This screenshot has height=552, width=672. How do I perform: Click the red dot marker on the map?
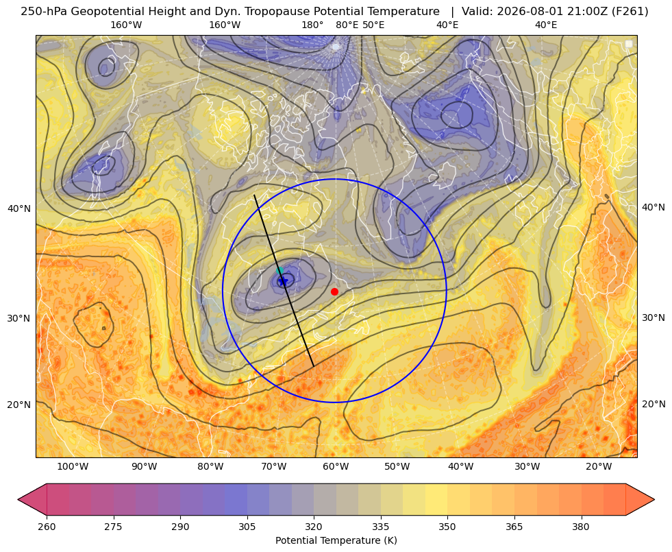pos(334,291)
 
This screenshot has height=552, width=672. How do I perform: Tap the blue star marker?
pos(284,281)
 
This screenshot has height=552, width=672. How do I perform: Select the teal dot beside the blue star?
pos(279,270)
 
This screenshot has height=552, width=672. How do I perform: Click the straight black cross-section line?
pos(284,281)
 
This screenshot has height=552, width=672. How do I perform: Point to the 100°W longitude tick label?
pos(73,467)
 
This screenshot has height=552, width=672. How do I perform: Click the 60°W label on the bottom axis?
pos(336,467)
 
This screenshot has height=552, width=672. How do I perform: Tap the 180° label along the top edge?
pos(312,25)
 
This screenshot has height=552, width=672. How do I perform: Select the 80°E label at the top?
pos(347,25)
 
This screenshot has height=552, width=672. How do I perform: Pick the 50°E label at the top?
pos(373,25)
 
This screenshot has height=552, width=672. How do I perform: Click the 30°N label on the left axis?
pos(19,318)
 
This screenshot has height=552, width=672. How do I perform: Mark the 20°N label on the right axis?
pos(654,404)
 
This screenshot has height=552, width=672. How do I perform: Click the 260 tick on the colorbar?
pos(47,527)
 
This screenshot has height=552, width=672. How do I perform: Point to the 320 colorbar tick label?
pos(314,527)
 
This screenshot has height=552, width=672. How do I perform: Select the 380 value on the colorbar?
pos(581,527)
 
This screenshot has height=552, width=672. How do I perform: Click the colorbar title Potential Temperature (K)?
pos(336,540)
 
